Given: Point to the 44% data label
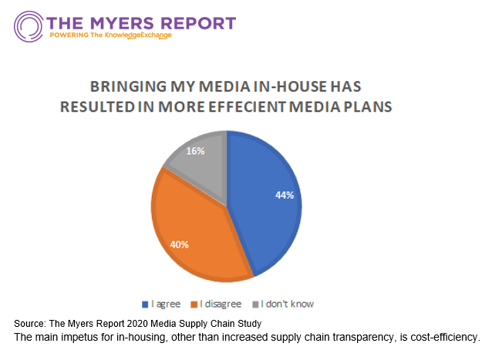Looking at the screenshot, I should point(284,195).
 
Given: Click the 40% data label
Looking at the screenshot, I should point(180,244).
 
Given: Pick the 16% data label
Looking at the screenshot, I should point(196,151).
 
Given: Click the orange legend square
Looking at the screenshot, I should point(195,304).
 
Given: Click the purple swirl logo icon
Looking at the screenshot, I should point(28,25).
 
